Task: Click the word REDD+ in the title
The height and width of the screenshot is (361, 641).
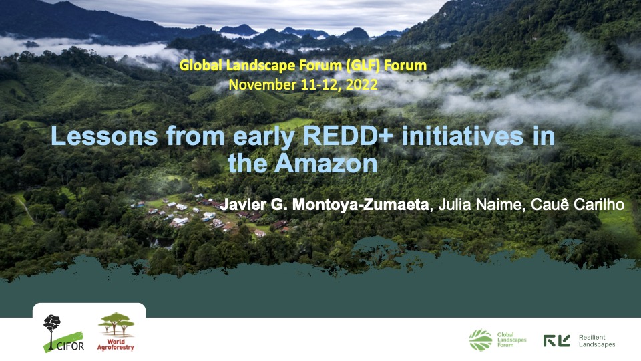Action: tap(347, 136)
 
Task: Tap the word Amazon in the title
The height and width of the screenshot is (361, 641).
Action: tap(326, 164)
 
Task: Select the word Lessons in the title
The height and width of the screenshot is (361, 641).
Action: tap(104, 136)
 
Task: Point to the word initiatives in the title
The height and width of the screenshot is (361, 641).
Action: tap(462, 136)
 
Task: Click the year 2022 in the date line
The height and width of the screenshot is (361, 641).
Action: tap(361, 84)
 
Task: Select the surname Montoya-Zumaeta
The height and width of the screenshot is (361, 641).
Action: tap(361, 205)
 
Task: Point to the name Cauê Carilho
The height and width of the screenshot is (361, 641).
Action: tap(577, 205)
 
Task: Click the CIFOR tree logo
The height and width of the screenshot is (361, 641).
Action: tap(63, 333)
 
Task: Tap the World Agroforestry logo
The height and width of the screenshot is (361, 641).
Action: tap(116, 332)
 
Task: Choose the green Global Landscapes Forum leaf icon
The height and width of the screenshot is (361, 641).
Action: tap(480, 340)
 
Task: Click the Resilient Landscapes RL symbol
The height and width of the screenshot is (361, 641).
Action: tap(556, 340)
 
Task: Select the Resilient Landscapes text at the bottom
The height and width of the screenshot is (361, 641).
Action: tap(597, 340)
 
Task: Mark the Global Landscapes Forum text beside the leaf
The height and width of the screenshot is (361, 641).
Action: tap(512, 340)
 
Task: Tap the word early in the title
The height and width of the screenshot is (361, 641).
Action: tap(264, 137)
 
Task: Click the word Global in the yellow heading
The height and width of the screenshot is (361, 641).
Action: tap(201, 66)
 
